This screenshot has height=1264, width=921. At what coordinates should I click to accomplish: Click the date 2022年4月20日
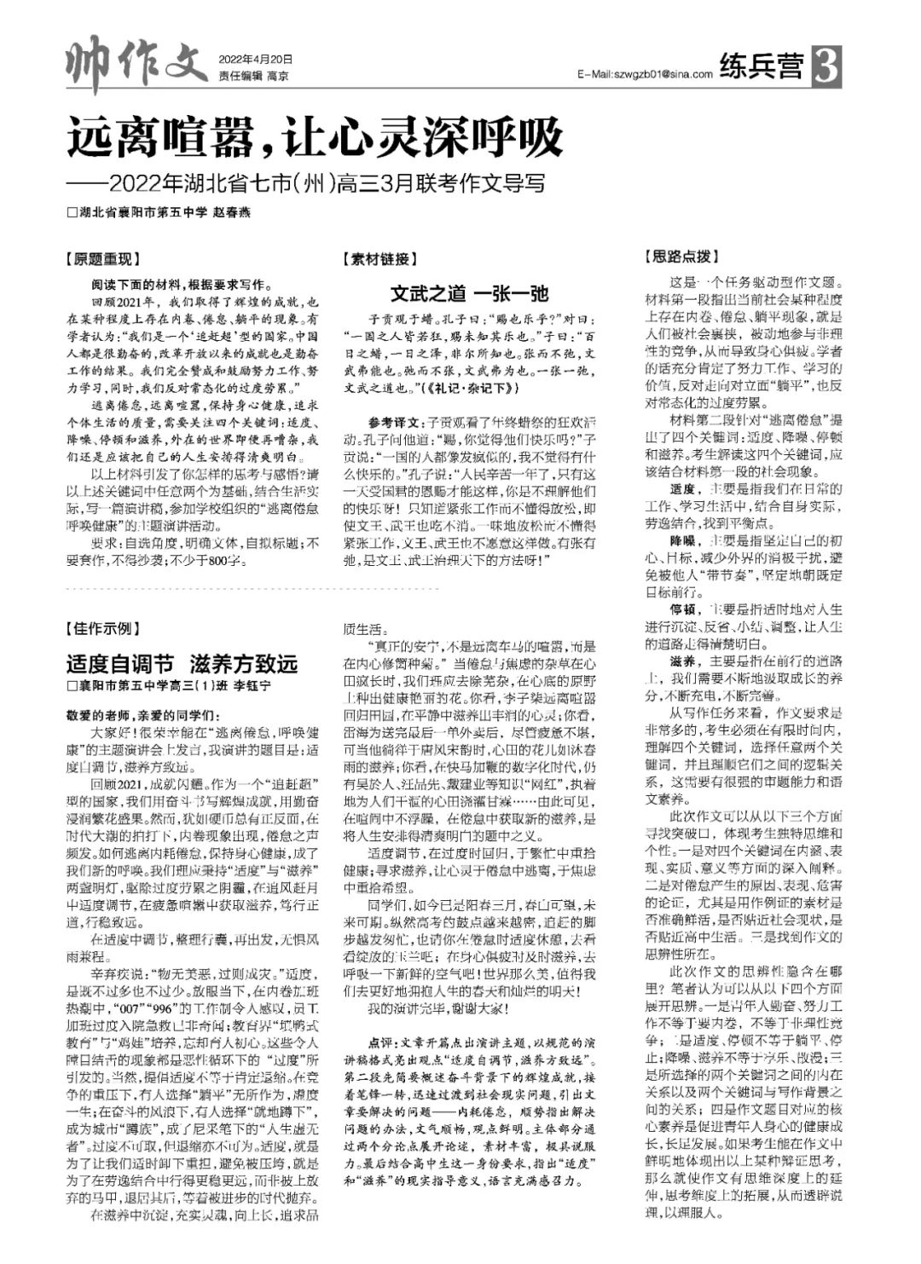tap(256, 60)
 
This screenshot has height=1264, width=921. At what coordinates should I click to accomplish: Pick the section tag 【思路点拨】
tap(679, 256)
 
